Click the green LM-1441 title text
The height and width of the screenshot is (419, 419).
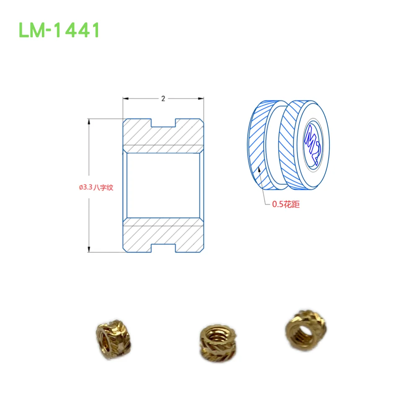tap(59, 30)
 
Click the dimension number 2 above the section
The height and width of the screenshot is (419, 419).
tap(163, 99)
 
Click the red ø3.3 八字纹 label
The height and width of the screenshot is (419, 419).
tap(96, 188)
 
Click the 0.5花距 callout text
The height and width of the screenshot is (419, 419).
tap(286, 204)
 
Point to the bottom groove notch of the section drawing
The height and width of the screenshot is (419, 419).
tap(163, 248)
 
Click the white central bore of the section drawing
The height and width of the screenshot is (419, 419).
tap(163, 185)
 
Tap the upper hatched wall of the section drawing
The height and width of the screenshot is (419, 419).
tap(163, 136)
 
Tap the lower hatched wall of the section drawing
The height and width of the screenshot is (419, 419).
tap(163, 235)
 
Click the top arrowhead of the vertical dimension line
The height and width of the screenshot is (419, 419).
tap(89, 121)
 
